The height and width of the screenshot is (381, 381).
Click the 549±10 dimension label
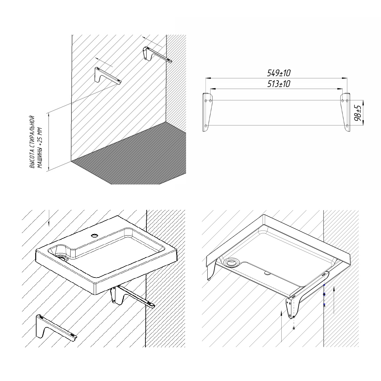pos(279,73)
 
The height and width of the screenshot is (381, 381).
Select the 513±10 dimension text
pos(279,84)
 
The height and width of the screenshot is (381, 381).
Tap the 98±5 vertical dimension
pos(358,113)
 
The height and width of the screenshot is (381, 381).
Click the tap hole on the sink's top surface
pos(95,235)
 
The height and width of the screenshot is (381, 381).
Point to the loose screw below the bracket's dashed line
pos(294,328)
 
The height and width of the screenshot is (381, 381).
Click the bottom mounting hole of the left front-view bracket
pos(206,125)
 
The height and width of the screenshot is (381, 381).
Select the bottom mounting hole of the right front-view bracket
pos(347,125)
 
